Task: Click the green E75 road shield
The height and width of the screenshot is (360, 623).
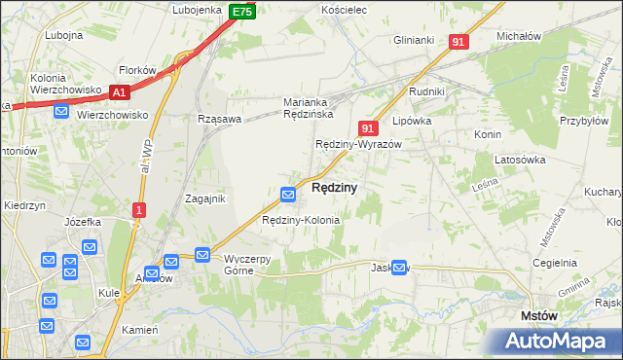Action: click(243, 12)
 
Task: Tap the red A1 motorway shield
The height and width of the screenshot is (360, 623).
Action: click(120, 92)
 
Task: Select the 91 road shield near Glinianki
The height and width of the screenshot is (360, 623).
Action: click(459, 42)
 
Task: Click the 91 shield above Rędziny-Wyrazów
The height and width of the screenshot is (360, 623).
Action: click(367, 127)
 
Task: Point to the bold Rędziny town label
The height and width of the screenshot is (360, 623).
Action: click(334, 187)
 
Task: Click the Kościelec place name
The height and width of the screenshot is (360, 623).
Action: click(343, 9)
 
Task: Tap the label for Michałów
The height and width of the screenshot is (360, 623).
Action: click(518, 35)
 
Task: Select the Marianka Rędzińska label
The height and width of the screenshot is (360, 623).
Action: click(309, 108)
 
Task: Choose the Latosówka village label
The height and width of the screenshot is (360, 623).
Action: click(522, 159)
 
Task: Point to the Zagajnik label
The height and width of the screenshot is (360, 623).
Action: click(205, 198)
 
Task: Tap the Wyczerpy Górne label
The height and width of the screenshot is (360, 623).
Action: click(252, 265)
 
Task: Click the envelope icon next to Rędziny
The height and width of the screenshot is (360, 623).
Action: click(289, 195)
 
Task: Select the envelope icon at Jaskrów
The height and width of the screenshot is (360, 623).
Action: click(399, 268)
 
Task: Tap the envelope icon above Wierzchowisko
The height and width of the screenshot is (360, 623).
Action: click(61, 112)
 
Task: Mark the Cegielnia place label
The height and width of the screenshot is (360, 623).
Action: click(555, 263)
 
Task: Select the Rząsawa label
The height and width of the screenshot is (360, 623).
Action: click(218, 119)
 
